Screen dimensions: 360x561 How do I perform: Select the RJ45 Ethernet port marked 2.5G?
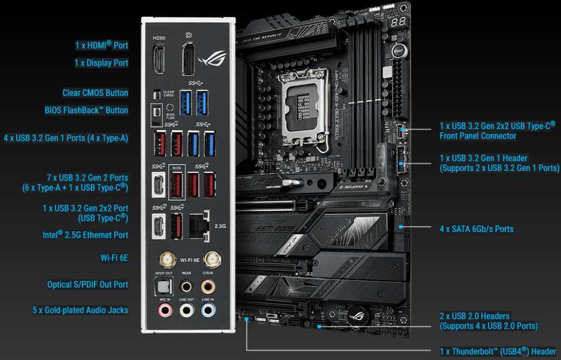coord(199,224)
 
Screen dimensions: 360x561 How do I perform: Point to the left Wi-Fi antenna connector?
coord(166,259)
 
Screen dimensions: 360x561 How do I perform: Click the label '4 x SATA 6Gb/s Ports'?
coord(476,229)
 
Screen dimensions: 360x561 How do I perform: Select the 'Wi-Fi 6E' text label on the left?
coord(114,257)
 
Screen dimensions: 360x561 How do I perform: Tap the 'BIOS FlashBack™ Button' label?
coord(86,110)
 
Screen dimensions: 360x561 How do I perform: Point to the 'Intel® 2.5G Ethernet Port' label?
coord(85,235)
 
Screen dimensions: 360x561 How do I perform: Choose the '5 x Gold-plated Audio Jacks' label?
coord(81,310)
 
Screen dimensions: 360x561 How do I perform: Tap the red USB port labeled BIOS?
coord(176,183)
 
